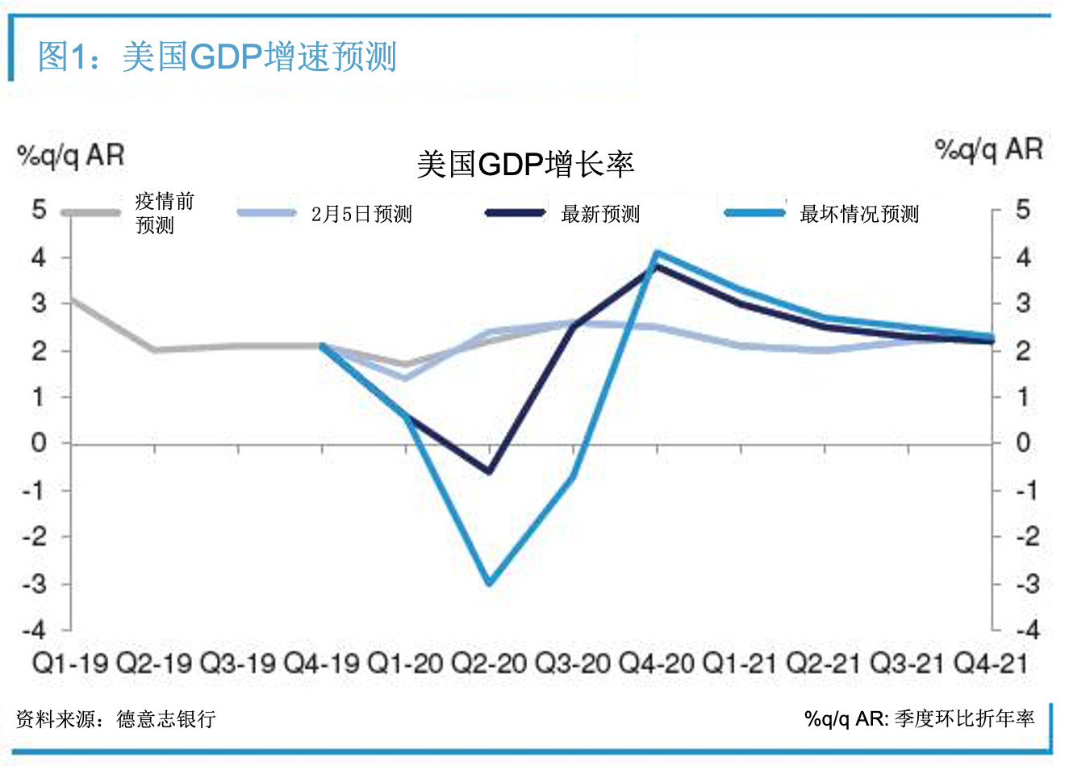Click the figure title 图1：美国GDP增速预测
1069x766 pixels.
click(x=218, y=57)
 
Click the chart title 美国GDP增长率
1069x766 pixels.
click(x=525, y=164)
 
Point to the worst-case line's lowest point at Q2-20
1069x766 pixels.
click(x=490, y=582)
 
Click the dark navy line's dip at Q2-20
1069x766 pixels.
click(x=490, y=471)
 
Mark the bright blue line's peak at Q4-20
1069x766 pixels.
click(x=657, y=253)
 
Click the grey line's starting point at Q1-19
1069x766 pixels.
click(x=72, y=299)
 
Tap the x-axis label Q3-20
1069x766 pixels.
click(x=573, y=663)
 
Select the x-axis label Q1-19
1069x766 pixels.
click(x=70, y=663)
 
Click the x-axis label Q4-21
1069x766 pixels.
click(x=991, y=663)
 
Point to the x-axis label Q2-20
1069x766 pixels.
click(x=489, y=663)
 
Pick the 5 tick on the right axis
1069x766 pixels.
click(x=1022, y=211)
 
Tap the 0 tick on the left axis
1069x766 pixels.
click(x=39, y=442)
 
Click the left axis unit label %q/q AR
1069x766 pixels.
click(x=71, y=155)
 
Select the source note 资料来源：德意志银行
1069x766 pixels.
click(x=116, y=718)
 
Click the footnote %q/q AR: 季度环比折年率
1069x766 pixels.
click(x=919, y=718)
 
